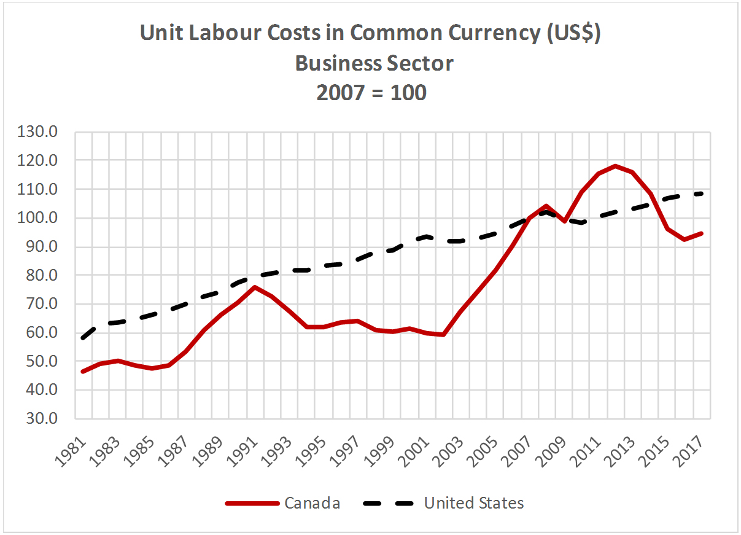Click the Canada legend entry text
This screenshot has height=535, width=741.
pos(312,503)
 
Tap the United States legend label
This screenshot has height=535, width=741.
pos(474,503)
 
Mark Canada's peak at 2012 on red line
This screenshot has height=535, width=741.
pos(615,166)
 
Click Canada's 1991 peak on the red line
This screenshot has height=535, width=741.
pos(254,287)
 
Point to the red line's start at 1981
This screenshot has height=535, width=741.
pos(83,372)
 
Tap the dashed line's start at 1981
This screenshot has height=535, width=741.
pos(83,337)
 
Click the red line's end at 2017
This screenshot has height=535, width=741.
pos(701,233)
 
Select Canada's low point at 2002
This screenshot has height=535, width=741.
pos(443,335)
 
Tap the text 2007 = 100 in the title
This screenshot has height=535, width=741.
pos(371,93)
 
